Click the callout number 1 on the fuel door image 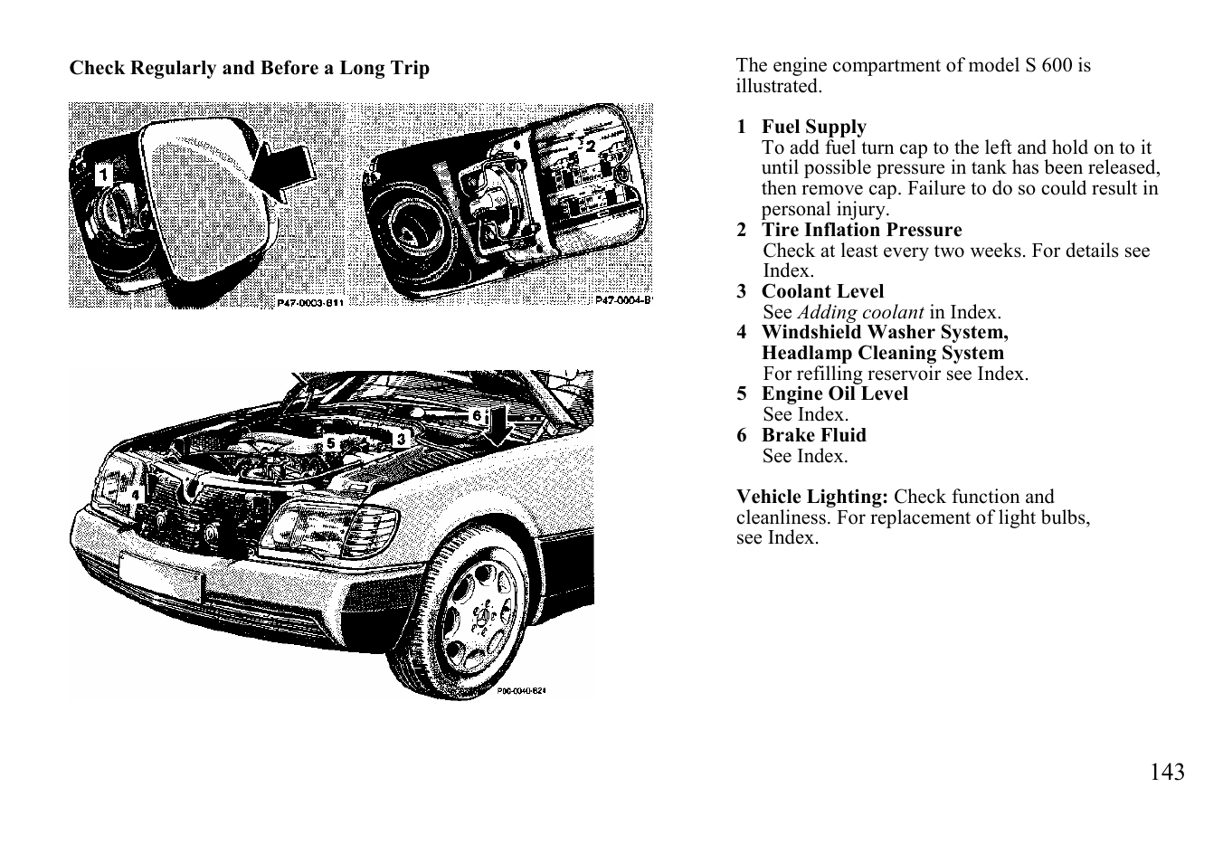click(x=104, y=175)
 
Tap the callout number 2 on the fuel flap click(x=590, y=147)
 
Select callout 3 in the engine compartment click(x=401, y=439)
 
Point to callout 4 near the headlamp click(x=136, y=495)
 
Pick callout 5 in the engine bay click(x=330, y=443)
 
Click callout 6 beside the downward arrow click(x=477, y=415)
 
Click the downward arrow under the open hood click(x=498, y=427)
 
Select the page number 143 click(x=1167, y=772)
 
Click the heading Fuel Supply click(x=813, y=127)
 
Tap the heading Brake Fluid click(x=813, y=435)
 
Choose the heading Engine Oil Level click(x=835, y=394)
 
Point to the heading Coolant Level click(x=822, y=291)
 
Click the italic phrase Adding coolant click(x=860, y=312)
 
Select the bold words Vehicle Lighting click(x=812, y=497)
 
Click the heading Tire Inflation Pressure click(x=861, y=230)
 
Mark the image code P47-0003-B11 click(x=310, y=302)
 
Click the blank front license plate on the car click(x=160, y=576)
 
